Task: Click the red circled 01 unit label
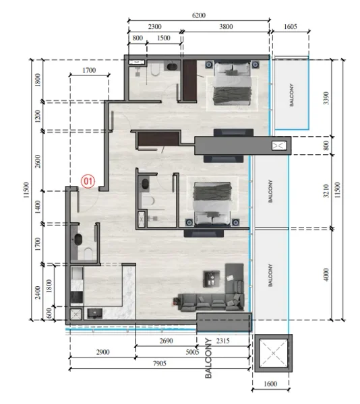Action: [88, 180]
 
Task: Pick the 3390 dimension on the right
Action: [326, 96]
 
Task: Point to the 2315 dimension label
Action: [224, 341]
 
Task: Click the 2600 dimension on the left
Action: [38, 161]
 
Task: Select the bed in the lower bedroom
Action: [213, 200]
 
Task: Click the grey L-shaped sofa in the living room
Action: [209, 296]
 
